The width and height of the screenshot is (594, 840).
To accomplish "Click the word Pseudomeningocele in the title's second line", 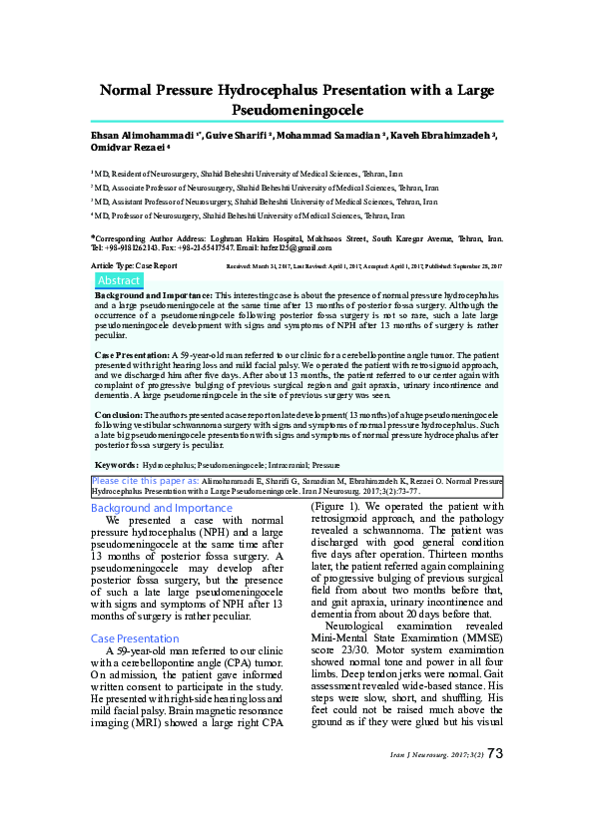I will pyautogui.click(x=297, y=110).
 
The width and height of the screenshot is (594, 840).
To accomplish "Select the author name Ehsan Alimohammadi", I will pyautogui.click(x=140, y=134).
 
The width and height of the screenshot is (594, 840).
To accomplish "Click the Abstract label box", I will pyautogui.click(x=118, y=281).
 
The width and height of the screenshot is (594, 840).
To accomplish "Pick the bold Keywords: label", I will pyautogui.click(x=116, y=465).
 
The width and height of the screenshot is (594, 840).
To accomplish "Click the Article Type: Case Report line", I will pyautogui.click(x=134, y=266).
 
